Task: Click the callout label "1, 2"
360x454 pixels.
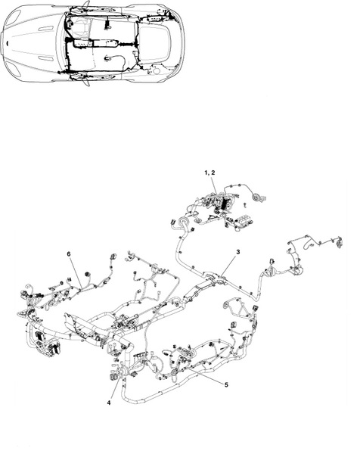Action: pyautogui.click(x=209, y=173)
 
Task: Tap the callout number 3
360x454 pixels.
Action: pyautogui.click(x=238, y=252)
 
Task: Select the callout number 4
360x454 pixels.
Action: pyautogui.click(x=109, y=403)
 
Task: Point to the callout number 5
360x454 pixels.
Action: pyautogui.click(x=226, y=384)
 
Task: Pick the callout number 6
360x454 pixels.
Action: pyautogui.click(x=69, y=254)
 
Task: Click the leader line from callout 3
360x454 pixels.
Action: pyautogui.click(x=229, y=266)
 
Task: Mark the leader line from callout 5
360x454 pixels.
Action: pyautogui.click(x=206, y=375)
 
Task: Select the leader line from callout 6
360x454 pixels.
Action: pyautogui.click(x=76, y=273)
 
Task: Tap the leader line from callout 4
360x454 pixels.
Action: pyautogui.click(x=114, y=389)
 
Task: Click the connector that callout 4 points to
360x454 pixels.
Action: pyautogui.click(x=113, y=377)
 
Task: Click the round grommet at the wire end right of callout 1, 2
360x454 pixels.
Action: pyautogui.click(x=256, y=197)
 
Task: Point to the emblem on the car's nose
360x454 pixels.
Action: pyautogui.click(x=7, y=44)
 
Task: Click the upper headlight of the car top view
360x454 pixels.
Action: pyautogui.click(x=14, y=18)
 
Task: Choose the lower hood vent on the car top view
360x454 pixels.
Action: pyautogui.click(x=46, y=59)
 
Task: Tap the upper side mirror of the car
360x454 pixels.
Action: pyautogui.click(x=86, y=5)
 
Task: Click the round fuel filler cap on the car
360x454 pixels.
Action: pyautogui.click(x=157, y=71)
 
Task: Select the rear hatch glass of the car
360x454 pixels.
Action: pyautogui.click(x=154, y=42)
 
